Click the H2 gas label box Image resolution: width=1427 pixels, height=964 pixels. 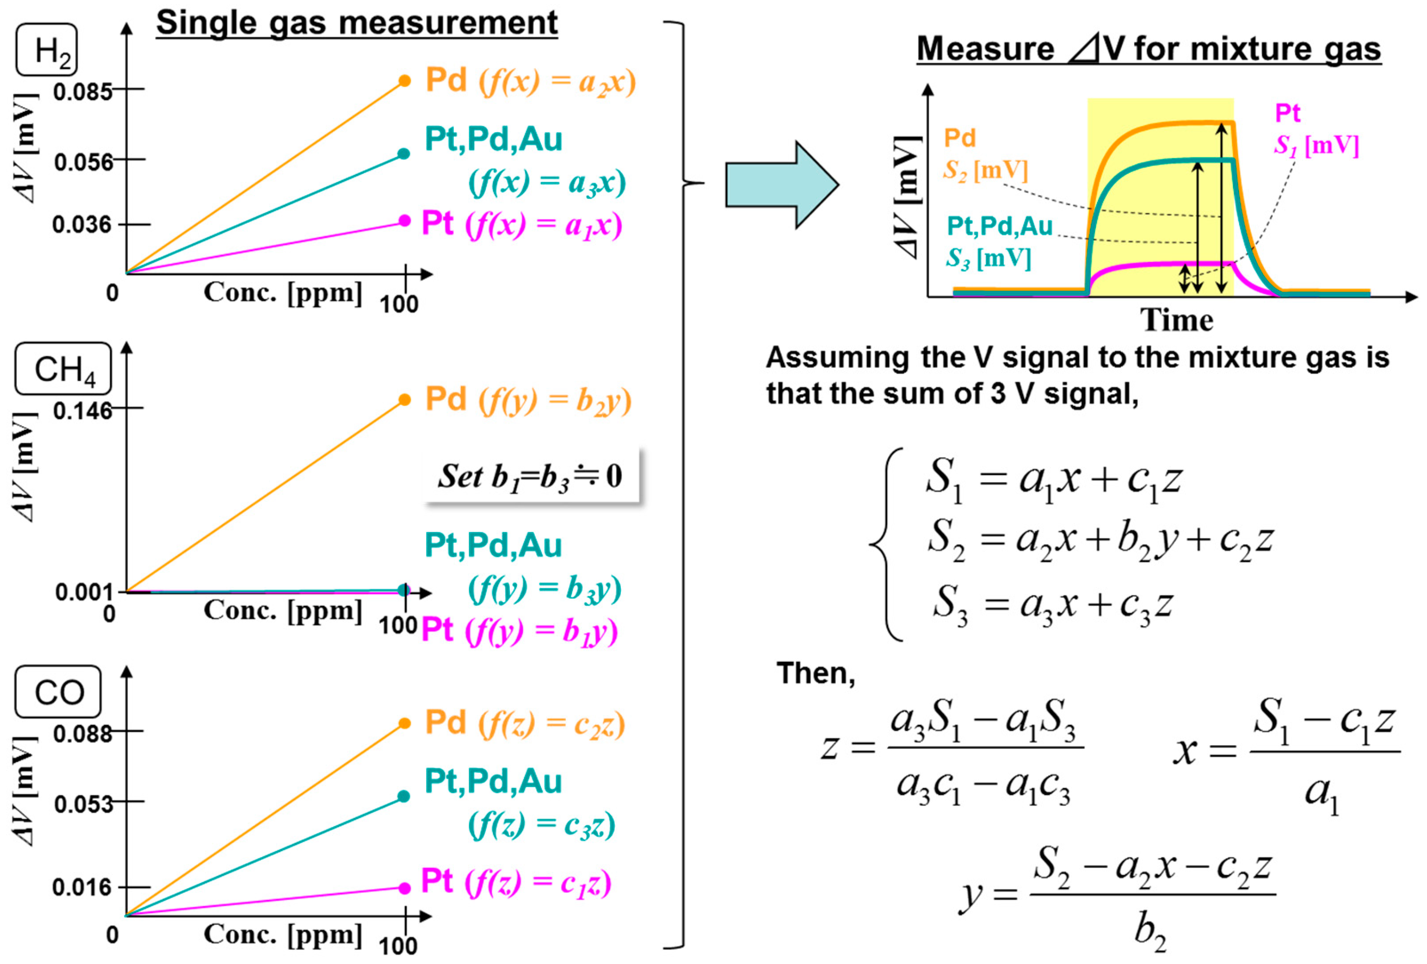(x=47, y=50)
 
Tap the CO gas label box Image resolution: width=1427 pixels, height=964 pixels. (x=58, y=692)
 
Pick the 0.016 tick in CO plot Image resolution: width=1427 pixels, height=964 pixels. (x=82, y=887)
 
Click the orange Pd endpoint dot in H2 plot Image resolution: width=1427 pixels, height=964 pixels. (x=404, y=80)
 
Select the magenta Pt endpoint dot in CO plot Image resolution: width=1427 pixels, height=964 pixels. (x=404, y=888)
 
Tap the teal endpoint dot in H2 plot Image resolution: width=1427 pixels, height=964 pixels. (x=403, y=154)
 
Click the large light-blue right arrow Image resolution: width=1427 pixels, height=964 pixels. (x=781, y=185)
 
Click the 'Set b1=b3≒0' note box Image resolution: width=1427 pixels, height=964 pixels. (x=531, y=476)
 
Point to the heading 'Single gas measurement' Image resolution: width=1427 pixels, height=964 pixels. (x=357, y=24)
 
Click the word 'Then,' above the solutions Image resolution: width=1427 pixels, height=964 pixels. (x=815, y=673)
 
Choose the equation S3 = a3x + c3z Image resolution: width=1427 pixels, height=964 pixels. (x=1052, y=604)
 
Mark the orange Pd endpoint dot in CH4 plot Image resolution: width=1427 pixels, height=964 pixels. (x=404, y=400)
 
